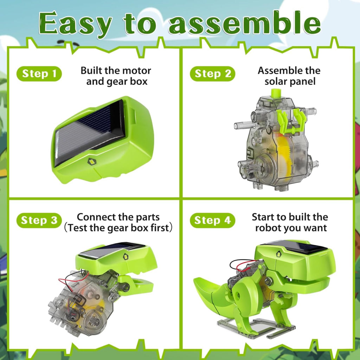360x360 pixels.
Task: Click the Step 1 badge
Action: click(39, 74)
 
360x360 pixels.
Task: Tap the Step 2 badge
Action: click(212, 74)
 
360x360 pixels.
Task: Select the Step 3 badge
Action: click(39, 220)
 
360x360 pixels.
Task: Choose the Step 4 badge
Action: click(212, 220)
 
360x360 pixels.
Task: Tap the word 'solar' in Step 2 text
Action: click(275, 82)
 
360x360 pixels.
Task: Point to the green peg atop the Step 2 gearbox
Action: click(276, 93)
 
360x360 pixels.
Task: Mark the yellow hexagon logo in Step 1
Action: click(92, 162)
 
